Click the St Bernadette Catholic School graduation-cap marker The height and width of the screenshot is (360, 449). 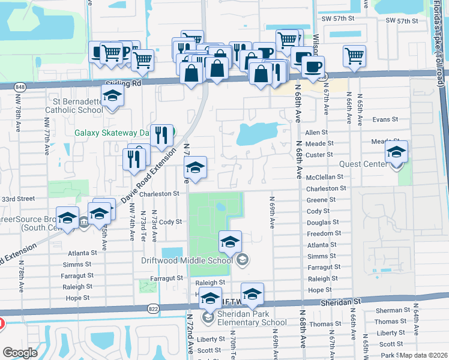point(111,96)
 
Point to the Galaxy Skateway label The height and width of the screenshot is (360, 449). point(111,133)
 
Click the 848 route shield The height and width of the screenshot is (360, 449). point(5,86)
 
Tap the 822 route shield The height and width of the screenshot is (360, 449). point(153,308)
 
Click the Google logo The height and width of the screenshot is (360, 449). point(20,353)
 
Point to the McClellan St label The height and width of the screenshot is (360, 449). point(325,177)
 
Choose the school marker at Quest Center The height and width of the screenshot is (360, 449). point(396,152)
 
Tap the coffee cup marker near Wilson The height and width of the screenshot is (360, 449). point(312,67)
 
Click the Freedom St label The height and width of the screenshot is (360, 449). point(324,233)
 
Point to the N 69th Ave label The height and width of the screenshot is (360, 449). point(273,212)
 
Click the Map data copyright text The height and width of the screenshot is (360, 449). point(424,355)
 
